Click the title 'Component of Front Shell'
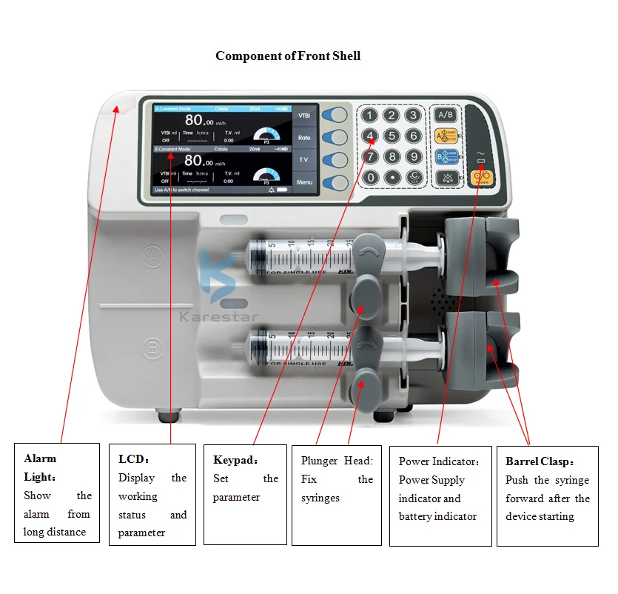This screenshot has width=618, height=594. tap(288, 56)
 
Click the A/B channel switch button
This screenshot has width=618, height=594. tap(446, 115)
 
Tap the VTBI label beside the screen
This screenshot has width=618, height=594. tap(304, 116)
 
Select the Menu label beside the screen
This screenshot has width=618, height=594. tap(304, 181)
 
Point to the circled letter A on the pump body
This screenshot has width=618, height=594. tap(152, 256)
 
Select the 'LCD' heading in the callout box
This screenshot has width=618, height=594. tap(134, 459)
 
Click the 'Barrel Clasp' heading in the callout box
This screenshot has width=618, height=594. tap(539, 461)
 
